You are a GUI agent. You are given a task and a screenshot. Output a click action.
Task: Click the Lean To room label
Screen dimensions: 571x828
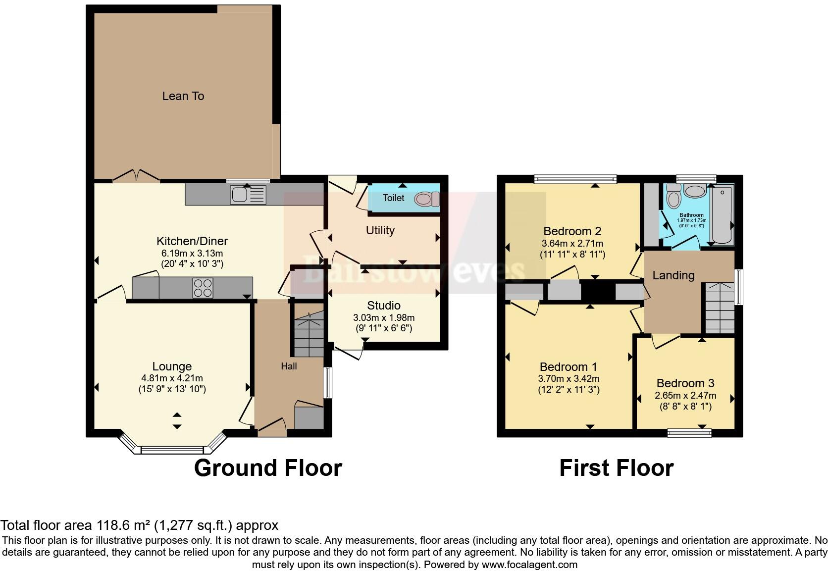[x=183, y=96]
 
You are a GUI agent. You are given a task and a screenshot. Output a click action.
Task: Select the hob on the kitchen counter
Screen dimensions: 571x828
[x=203, y=288]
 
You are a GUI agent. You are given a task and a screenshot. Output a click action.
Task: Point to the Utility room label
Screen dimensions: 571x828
[x=380, y=230]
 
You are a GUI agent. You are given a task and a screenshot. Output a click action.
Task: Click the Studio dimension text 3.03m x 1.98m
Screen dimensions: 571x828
[x=384, y=318]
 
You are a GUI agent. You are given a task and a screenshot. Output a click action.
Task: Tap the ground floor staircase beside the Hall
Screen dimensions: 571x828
[x=309, y=334]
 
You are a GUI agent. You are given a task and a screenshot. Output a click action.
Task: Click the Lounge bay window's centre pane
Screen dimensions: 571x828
[x=172, y=450]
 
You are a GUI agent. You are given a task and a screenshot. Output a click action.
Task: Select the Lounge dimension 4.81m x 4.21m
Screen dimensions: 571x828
[x=172, y=378]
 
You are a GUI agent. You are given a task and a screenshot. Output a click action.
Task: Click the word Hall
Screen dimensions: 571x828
[x=289, y=366]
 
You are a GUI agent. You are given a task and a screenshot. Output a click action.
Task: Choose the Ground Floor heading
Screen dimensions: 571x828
[x=268, y=468]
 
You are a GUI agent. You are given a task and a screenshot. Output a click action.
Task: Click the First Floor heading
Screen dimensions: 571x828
[x=616, y=468]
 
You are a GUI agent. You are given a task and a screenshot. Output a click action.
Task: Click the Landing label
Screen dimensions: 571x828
[x=673, y=275]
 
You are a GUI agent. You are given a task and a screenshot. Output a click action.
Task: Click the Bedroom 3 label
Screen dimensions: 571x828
[x=685, y=383]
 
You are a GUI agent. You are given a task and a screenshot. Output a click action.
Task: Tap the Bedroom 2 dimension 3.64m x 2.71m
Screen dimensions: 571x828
[x=572, y=244]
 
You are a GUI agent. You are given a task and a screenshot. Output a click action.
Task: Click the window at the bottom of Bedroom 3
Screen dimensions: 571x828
[x=689, y=433]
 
